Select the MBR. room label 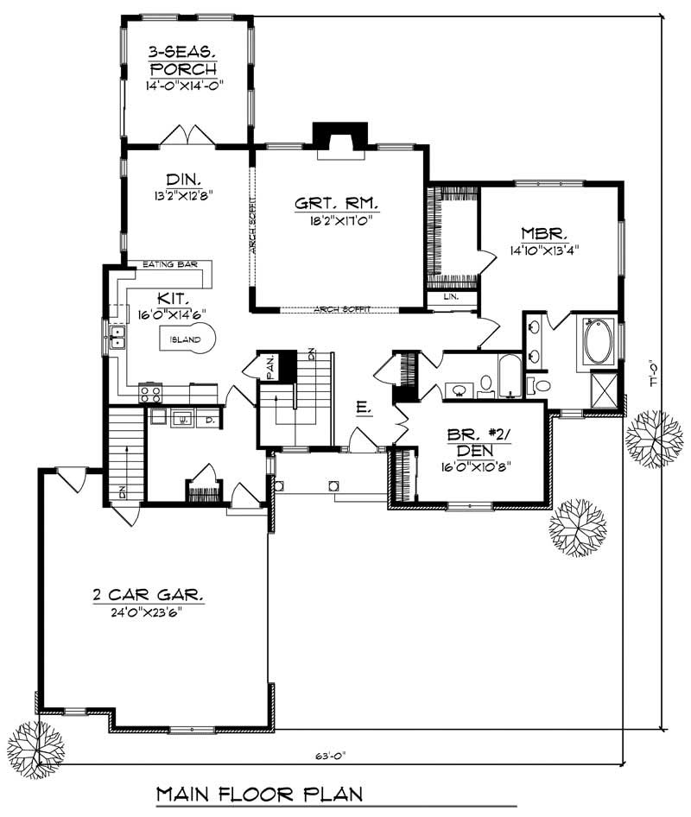pos(542,233)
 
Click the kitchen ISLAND pos(185,339)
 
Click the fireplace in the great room pos(339,138)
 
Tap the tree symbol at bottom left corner pos(35,744)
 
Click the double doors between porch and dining pos(187,136)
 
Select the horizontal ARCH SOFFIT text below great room pos(338,307)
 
